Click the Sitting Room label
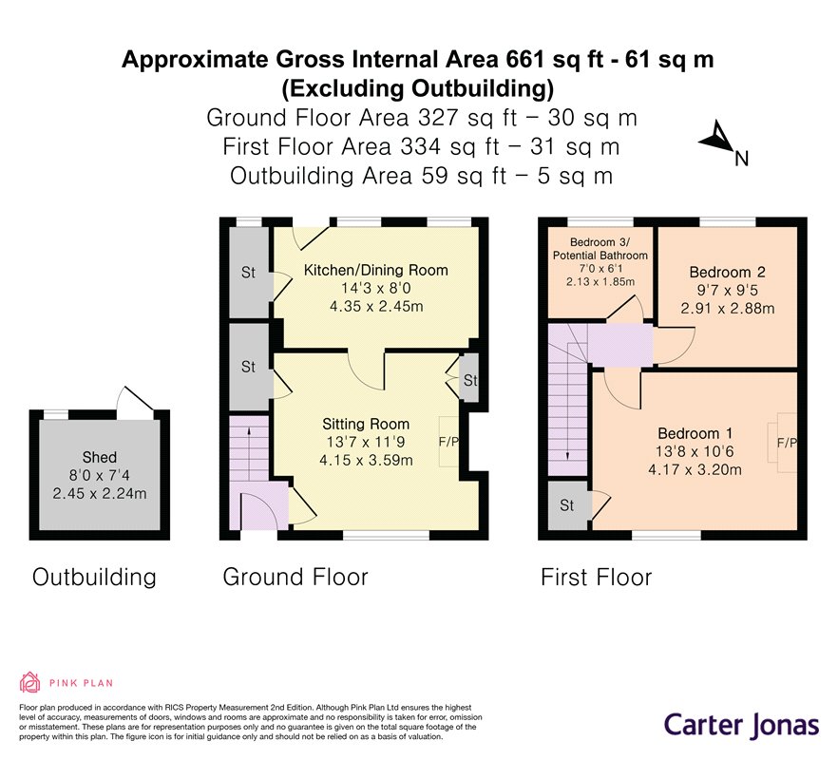pos(366,425)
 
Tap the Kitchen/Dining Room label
pos(375,271)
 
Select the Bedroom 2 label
pos(728,272)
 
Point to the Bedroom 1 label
pos(695,433)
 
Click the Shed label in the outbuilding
pos(100,458)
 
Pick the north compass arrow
pos(718,138)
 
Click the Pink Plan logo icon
pos(30,682)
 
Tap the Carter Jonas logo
pos(741,725)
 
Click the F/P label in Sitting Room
pos(448,442)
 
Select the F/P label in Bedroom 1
pos(787,443)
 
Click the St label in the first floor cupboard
pos(567,505)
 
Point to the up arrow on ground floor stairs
pos(249,453)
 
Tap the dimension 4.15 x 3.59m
pos(366,460)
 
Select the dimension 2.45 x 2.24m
pos(100,493)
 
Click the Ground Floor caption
pos(295,578)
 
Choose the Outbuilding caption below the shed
pos(94,578)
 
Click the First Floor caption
pos(597,578)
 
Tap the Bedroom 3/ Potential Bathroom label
pos(600,249)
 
